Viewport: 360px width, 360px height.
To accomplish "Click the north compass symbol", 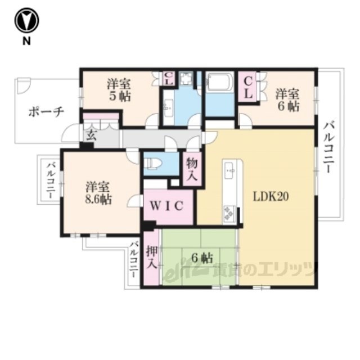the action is tap(26, 20).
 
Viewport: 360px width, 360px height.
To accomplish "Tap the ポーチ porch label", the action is tap(46, 112).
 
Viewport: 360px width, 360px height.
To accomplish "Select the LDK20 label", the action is tap(271, 196).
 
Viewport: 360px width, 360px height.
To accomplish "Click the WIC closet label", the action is tap(167, 206).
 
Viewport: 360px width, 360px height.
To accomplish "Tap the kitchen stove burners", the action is tap(229, 213).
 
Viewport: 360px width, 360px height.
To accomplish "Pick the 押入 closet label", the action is tap(152, 258).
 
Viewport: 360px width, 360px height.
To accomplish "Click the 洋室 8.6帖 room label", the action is tap(98, 193).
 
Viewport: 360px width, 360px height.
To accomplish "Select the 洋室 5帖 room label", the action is tap(119, 91).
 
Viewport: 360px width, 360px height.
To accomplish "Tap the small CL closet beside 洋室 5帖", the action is tap(169, 79).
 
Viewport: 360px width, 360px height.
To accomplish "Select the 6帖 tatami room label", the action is tap(202, 259).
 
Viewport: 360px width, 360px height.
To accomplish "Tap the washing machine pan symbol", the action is tap(186, 79).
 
